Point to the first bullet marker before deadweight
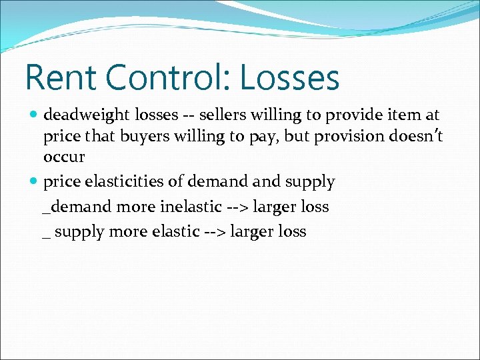pyautogui.click(x=34, y=115)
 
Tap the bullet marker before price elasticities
pyautogui.click(x=34, y=181)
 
